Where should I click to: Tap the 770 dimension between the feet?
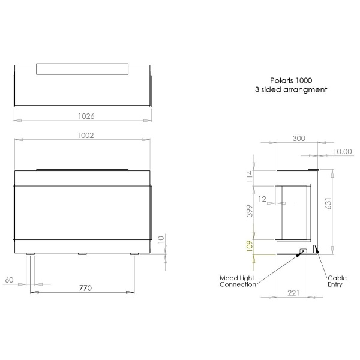click(x=85, y=288)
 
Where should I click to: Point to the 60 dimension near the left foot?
click(x=9, y=280)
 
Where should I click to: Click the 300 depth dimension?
click(x=298, y=138)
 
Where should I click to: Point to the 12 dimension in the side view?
click(x=263, y=198)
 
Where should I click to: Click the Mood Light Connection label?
click(x=239, y=281)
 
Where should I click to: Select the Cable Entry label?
click(x=336, y=281)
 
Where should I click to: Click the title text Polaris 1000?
click(x=292, y=80)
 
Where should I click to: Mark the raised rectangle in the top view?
click(x=83, y=68)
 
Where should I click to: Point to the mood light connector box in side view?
click(x=303, y=251)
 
